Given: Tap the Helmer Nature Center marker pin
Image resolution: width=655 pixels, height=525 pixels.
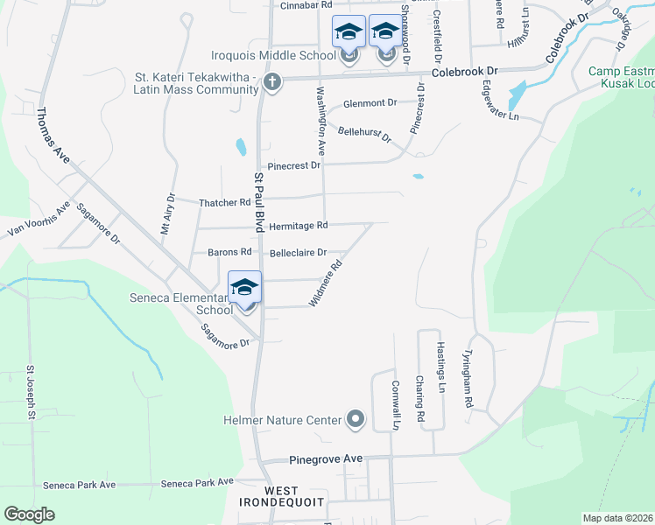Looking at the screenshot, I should [x=355, y=421].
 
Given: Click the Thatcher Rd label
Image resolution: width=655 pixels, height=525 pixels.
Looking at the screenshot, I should [x=226, y=203].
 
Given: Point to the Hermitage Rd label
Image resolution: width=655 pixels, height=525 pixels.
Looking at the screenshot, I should [x=298, y=226].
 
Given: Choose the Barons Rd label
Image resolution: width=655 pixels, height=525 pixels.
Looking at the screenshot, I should [x=229, y=253].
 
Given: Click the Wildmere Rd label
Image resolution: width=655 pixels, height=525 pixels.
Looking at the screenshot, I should [x=325, y=283].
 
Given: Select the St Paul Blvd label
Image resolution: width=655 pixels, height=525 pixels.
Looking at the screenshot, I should [x=259, y=202].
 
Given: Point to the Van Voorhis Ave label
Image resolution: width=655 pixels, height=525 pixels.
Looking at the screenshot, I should [x=39, y=220].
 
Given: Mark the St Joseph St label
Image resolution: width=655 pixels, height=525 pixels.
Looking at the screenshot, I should [x=30, y=392].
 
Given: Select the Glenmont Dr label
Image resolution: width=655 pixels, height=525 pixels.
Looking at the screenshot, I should [x=370, y=103].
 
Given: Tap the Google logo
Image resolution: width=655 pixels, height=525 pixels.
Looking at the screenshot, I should [x=30, y=515].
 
